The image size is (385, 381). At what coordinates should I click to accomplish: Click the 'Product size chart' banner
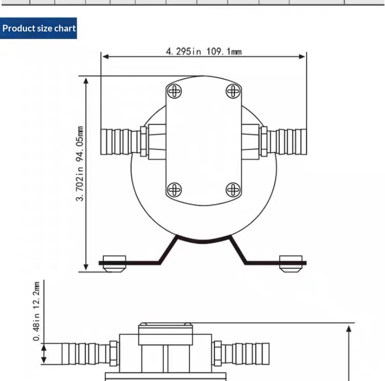(38, 28)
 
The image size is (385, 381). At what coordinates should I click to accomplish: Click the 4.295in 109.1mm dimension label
(204, 51)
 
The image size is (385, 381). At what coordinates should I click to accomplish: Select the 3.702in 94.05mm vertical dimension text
(79, 164)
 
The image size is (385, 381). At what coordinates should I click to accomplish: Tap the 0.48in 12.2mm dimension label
(36, 311)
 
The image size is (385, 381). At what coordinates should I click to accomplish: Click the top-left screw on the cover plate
(174, 91)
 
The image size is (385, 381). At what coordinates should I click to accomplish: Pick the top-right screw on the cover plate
(233, 91)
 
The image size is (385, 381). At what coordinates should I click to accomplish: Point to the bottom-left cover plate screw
(174, 190)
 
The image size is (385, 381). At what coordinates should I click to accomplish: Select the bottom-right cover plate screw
(233, 190)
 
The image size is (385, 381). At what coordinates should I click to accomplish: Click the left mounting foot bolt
(114, 264)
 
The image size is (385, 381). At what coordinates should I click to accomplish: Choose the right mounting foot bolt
(291, 264)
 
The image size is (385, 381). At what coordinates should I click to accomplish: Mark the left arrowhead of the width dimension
(106, 57)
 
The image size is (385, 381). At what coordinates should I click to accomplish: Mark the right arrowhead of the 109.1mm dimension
(302, 57)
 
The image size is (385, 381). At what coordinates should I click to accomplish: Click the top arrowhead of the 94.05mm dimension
(86, 81)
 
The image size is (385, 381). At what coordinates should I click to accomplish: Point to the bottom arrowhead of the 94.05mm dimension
(86, 267)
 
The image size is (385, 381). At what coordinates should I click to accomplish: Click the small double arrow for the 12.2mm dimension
(44, 354)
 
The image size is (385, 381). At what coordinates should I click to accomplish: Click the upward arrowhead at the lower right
(349, 329)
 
